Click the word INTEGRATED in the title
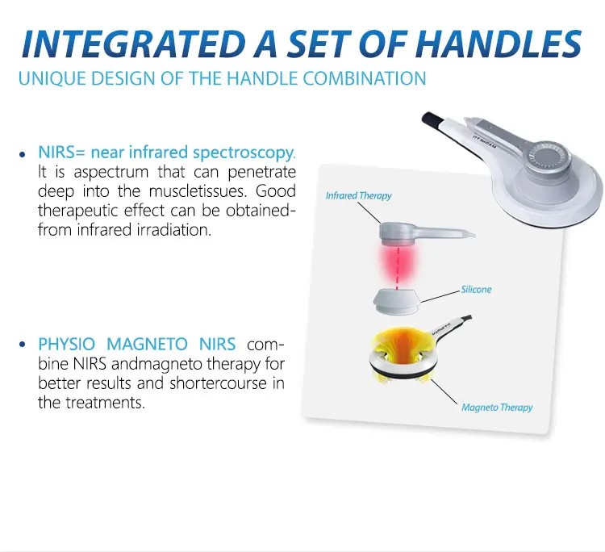pyautogui.click(x=133, y=44)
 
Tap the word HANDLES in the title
pyautogui.click(x=499, y=44)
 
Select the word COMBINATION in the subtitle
pyautogui.click(x=365, y=78)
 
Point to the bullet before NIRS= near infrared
pyautogui.click(x=23, y=154)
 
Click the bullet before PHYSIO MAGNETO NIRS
pyautogui.click(x=23, y=344)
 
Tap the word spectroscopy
pyautogui.click(x=244, y=153)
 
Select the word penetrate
pyautogui.click(x=261, y=172)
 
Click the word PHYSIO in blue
pyautogui.click(x=66, y=344)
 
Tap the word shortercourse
pyautogui.click(x=218, y=383)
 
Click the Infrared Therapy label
pyautogui.click(x=358, y=196)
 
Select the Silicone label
pyautogui.click(x=476, y=290)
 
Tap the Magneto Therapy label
pyautogui.click(x=497, y=408)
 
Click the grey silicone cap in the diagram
pyautogui.click(x=396, y=301)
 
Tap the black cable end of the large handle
pyautogui.click(x=432, y=119)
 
